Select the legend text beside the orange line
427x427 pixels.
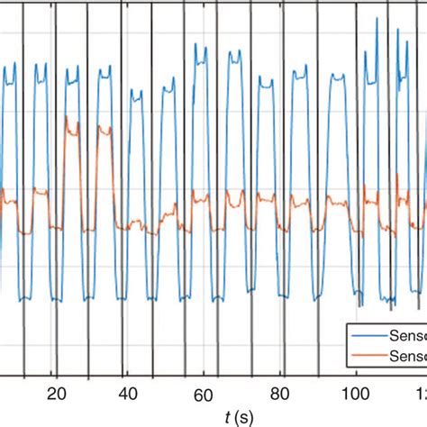(x=408, y=357)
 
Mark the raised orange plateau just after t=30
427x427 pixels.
(x=103, y=131)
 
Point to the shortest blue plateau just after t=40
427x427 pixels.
(x=136, y=93)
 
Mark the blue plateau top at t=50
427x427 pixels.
(x=168, y=88)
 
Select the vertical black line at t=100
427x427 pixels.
(x=357, y=180)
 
